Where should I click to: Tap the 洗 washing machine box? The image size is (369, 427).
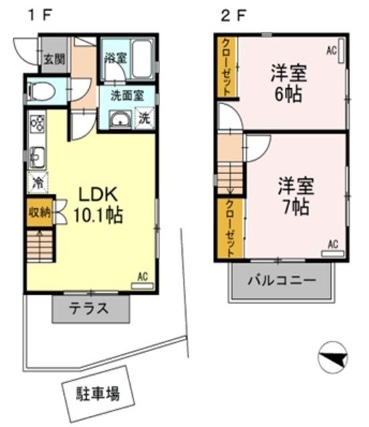tap(144, 119)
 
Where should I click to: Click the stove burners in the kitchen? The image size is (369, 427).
tap(37, 124)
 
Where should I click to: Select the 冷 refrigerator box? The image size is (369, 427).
tap(37, 181)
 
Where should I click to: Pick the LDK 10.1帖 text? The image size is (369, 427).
tap(99, 205)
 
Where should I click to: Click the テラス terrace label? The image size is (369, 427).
tap(90, 310)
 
